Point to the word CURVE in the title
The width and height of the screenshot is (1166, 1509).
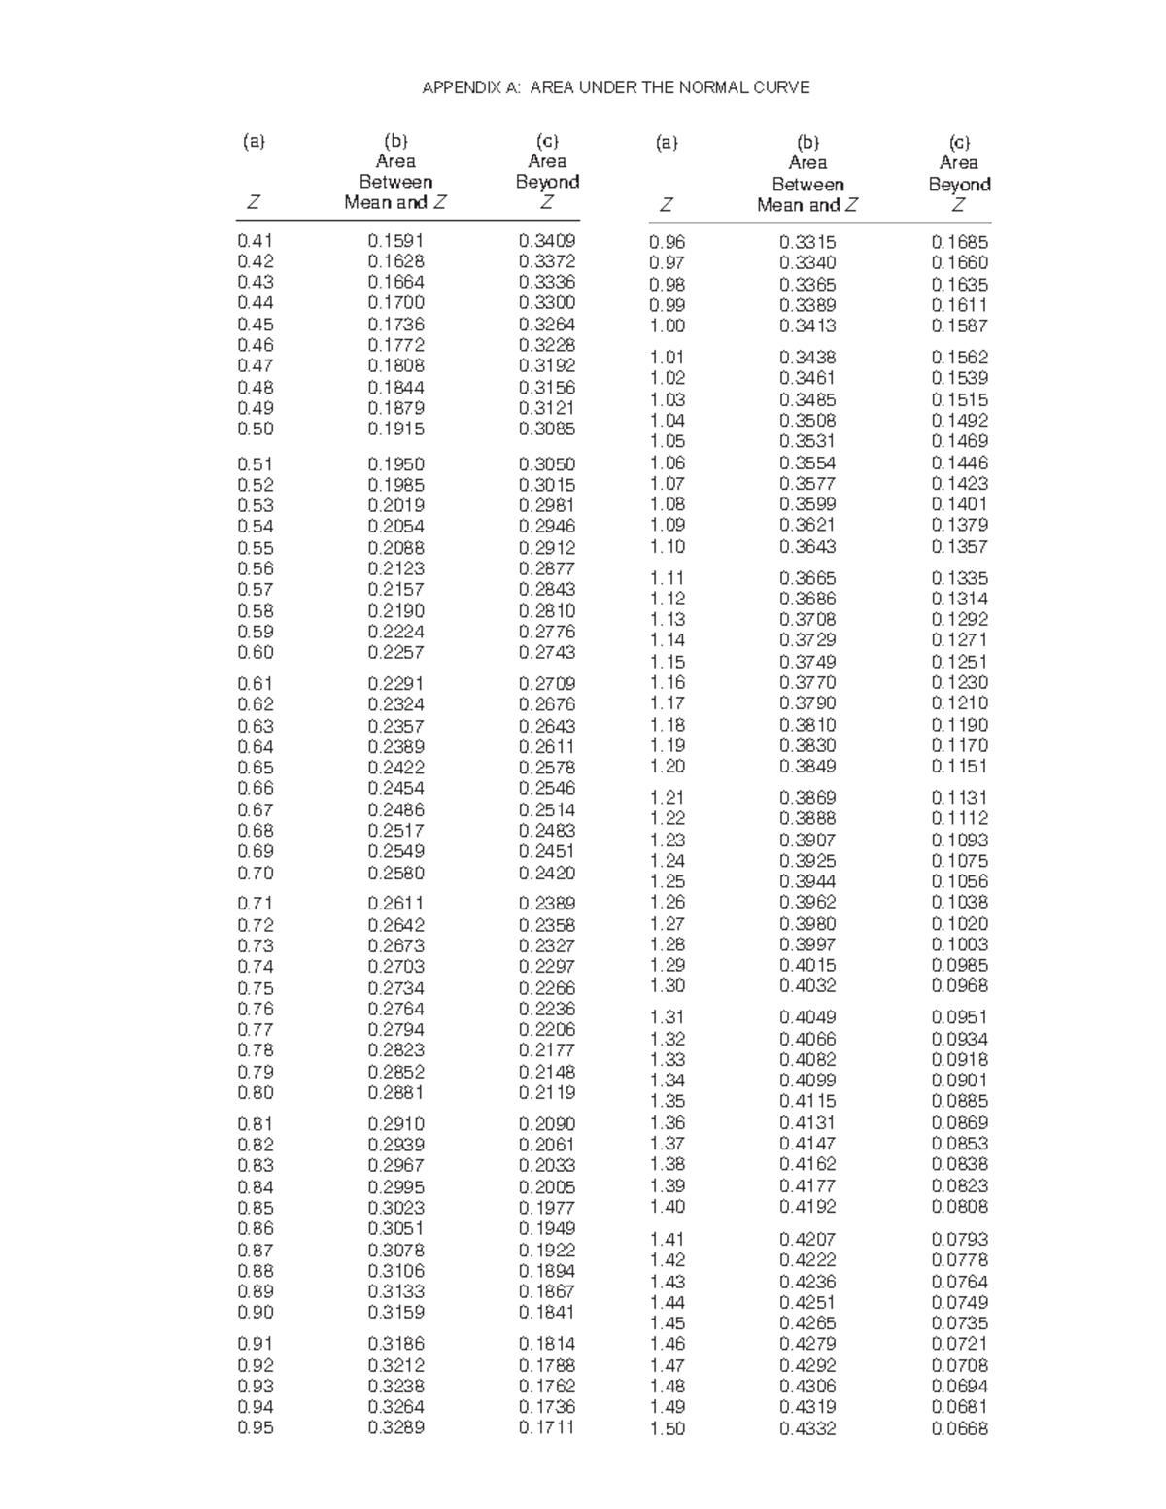coord(783,87)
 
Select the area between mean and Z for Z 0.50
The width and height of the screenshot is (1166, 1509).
coord(395,429)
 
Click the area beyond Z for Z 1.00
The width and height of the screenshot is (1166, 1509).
coord(959,326)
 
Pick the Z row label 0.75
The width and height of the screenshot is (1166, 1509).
coord(256,988)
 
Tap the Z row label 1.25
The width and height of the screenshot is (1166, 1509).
coord(668,881)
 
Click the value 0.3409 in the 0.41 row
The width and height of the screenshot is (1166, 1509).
coord(547,240)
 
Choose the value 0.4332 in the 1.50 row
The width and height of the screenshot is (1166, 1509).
coord(807,1428)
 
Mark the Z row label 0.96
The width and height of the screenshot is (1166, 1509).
coord(668,242)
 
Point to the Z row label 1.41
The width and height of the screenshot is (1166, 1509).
coord(668,1239)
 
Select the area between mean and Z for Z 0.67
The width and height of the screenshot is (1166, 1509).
coord(395,809)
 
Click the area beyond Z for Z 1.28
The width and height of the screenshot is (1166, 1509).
coord(959,943)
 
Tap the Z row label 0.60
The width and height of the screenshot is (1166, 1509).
coord(256,652)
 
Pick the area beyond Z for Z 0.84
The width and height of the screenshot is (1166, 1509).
coord(547,1186)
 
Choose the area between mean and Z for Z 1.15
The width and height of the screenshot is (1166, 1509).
coord(807,662)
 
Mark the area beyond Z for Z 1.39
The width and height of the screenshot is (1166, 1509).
coord(959,1185)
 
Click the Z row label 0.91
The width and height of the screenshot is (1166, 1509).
coord(256,1344)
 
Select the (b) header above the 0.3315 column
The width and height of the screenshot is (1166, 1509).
coord(807,142)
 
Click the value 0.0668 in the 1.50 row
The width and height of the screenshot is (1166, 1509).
coord(959,1428)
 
